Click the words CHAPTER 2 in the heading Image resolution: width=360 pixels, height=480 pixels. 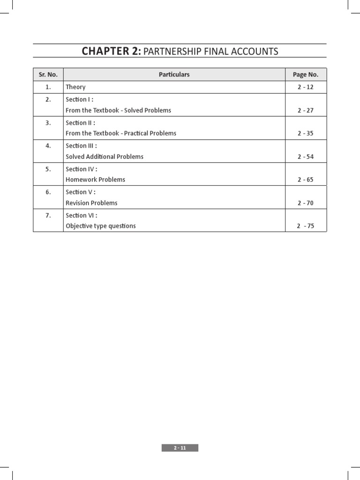point(111,51)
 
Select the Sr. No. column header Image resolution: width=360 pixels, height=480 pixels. point(48,75)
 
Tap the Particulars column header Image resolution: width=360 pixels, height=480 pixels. point(174,75)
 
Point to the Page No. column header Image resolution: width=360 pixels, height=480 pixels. point(306,75)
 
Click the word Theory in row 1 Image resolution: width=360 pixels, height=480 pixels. point(75,87)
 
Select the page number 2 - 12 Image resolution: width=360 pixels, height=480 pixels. point(305,87)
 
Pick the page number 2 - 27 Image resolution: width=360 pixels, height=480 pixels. point(305,111)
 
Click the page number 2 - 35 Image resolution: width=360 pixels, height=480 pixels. point(305,134)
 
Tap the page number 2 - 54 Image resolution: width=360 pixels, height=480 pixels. point(305,157)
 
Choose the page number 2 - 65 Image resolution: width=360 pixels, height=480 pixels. point(305,180)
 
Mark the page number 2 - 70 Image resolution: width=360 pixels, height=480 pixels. point(305,203)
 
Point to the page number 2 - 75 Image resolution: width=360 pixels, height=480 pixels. point(305,226)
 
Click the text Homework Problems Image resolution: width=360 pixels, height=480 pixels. point(95,180)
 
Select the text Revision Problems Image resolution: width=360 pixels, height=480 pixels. point(91,203)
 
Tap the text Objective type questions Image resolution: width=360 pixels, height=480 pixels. point(101,226)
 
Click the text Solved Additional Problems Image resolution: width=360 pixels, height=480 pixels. point(105,157)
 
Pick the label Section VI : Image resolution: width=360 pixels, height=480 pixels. point(81,215)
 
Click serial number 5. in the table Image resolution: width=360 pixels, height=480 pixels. point(48,169)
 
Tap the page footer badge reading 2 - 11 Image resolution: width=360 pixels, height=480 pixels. point(180,448)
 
